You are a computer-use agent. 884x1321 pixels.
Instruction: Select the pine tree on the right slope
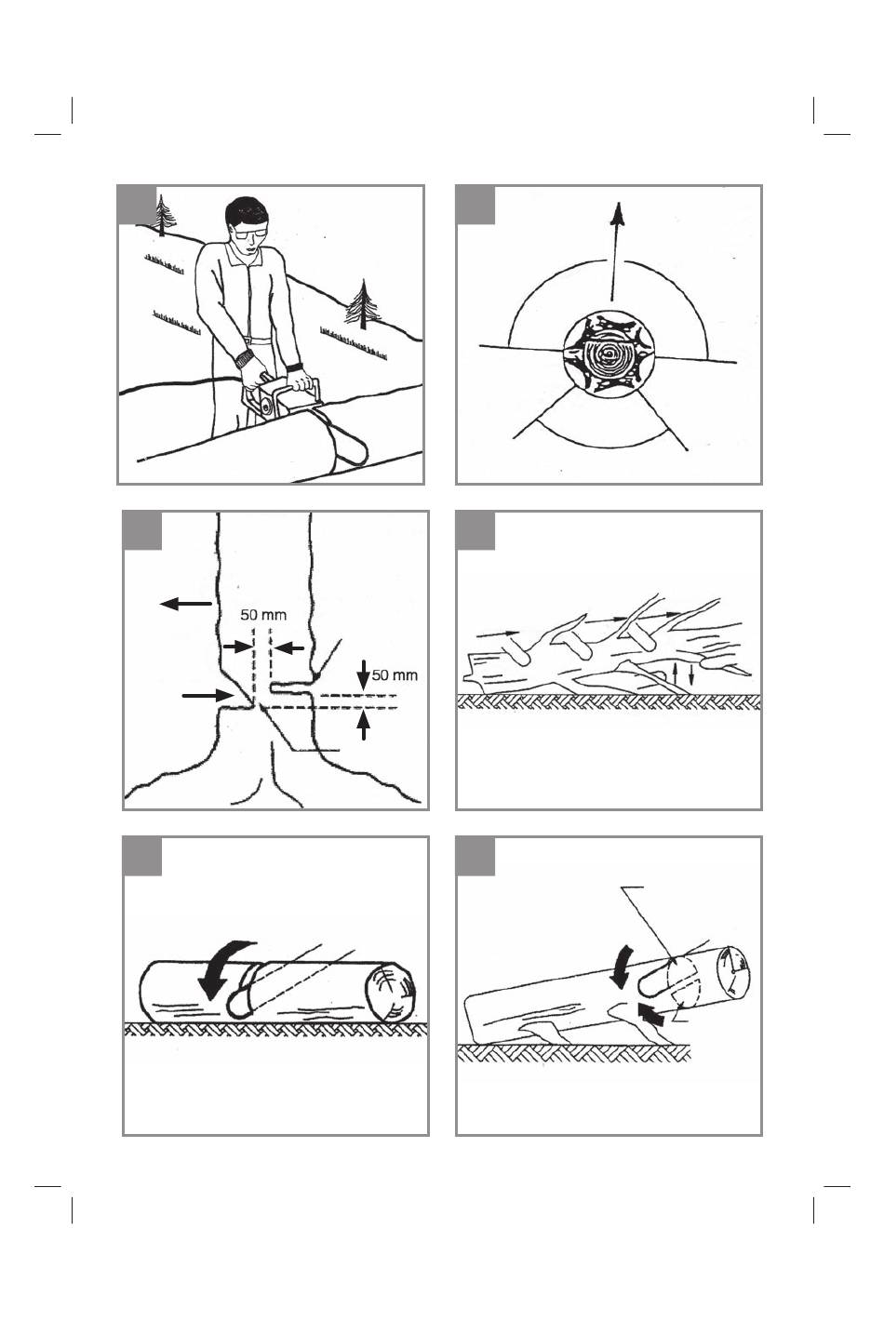tap(362, 304)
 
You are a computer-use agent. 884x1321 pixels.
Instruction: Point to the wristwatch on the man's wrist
tap(244, 359)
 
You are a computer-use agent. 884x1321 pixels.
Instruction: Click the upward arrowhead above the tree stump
tap(617, 213)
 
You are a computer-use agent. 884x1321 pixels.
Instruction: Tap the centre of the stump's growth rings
tap(607, 354)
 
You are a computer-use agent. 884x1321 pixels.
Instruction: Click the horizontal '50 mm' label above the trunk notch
tap(263, 615)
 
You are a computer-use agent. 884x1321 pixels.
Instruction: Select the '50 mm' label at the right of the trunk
tap(395, 674)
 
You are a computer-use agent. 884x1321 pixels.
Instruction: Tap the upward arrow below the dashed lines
tap(364, 726)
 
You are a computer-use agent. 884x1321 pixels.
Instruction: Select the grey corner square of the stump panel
tap(475, 206)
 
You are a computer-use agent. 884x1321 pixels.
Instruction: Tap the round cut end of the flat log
tap(390, 993)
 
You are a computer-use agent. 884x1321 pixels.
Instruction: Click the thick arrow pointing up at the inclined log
tap(650, 1014)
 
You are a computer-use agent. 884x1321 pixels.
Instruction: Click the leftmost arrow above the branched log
tap(497, 634)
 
